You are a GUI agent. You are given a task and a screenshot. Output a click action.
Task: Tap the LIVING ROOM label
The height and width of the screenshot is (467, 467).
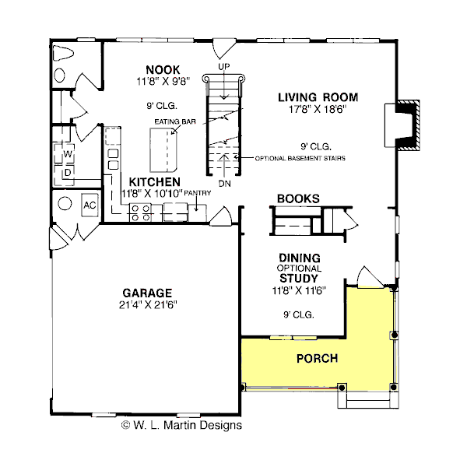[318, 97]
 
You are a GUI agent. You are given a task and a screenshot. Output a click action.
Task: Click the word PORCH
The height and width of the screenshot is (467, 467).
[317, 359]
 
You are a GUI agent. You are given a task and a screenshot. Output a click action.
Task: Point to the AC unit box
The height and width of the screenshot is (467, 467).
[90, 205]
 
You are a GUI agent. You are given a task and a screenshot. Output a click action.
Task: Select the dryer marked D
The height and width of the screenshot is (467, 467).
[68, 171]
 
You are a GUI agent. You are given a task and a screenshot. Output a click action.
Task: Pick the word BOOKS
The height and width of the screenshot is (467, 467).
[298, 198]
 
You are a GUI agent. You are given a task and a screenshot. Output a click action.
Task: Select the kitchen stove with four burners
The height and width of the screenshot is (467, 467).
[141, 212]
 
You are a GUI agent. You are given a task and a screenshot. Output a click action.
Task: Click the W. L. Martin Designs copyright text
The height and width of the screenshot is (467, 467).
[181, 425]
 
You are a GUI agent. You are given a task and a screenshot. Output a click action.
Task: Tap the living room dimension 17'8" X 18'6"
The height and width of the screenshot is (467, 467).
[318, 110]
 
